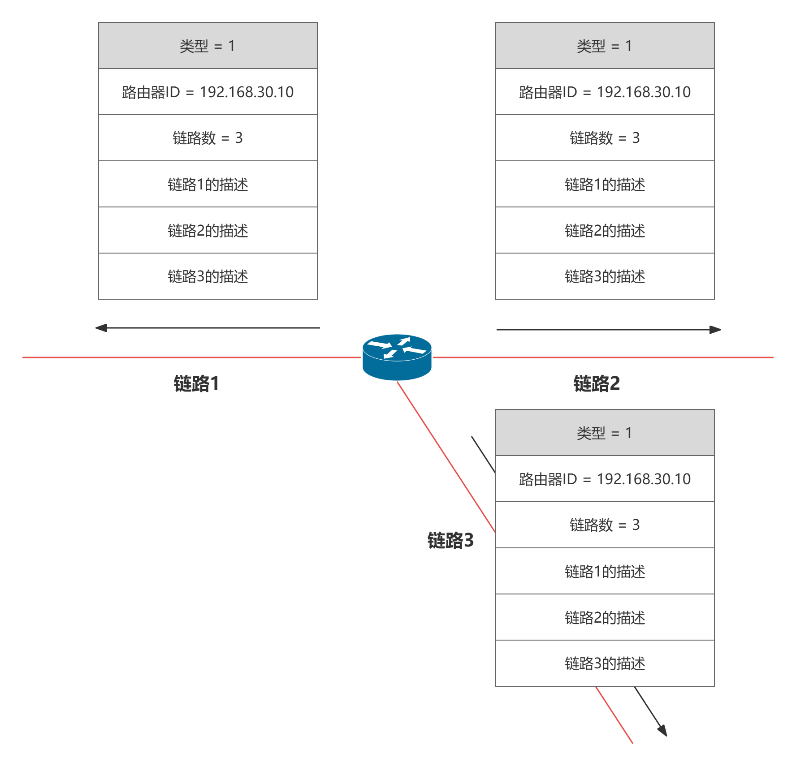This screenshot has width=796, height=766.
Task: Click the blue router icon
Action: tap(397, 357)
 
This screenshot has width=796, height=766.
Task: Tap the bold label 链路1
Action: tap(196, 383)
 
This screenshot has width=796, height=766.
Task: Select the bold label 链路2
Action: tap(597, 383)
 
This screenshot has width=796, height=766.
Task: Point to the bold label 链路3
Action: tap(450, 540)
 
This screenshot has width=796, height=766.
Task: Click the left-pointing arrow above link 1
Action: tap(208, 328)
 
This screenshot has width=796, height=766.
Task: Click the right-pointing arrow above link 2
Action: tap(609, 330)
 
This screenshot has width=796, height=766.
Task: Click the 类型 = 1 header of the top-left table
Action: tap(208, 46)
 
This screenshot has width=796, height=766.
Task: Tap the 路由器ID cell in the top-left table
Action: tap(208, 92)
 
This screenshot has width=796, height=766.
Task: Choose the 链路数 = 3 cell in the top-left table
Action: tap(208, 138)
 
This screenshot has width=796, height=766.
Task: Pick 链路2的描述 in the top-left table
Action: tap(208, 230)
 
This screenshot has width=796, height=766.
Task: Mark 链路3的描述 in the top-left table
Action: tap(208, 276)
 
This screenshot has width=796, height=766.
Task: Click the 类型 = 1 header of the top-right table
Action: tap(605, 46)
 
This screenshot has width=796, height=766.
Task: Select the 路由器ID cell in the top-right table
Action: tap(605, 92)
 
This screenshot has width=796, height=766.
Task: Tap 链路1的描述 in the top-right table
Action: tap(605, 184)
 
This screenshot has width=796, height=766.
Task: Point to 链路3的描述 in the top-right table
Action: tap(605, 276)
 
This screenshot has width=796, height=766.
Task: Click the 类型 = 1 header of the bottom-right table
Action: tap(605, 433)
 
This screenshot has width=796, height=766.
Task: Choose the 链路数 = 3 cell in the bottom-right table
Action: tap(605, 525)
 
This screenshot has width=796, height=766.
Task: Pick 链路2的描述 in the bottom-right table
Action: tap(605, 617)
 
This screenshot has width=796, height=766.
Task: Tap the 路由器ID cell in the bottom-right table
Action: tap(605, 479)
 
